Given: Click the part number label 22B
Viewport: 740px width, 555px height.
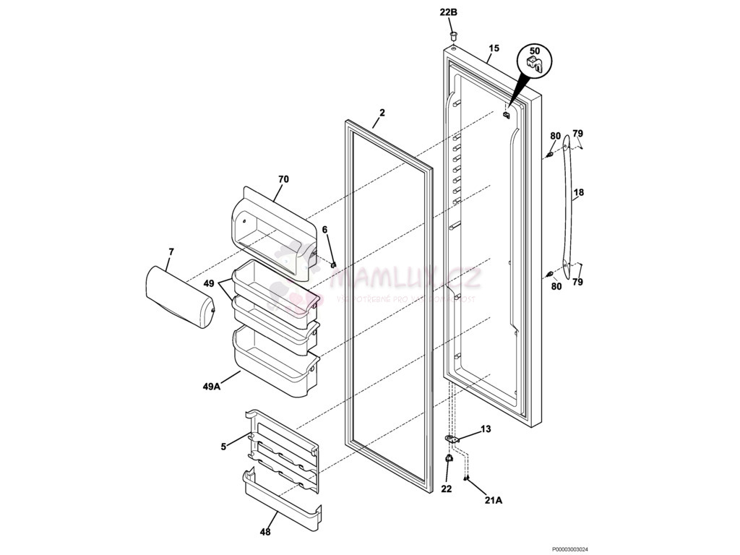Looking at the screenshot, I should point(449,12).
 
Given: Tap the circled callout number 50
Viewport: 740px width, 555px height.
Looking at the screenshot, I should point(534,51).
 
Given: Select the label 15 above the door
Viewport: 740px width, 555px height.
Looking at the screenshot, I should point(494,49).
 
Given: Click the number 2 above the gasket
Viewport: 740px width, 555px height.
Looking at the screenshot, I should point(382,113).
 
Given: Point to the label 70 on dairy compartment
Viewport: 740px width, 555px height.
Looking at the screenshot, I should point(283,178).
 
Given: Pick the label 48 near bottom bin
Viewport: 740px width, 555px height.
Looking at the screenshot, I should point(265,533).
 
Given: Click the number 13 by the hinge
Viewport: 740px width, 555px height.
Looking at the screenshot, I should point(486,429).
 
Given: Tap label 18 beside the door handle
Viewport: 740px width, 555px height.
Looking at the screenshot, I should point(579,193).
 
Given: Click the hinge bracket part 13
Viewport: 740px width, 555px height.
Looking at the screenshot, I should point(451,438).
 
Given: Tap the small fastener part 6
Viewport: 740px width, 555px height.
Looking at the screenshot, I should point(332,264).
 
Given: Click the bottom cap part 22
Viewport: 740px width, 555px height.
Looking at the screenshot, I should point(448,460).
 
